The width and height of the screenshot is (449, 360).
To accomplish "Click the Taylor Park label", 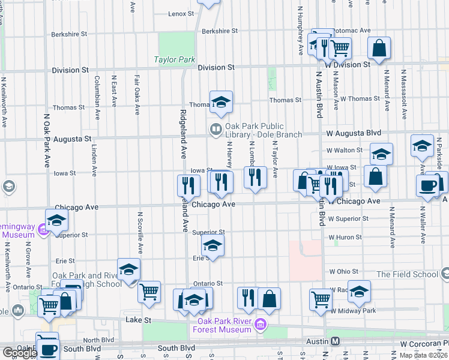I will [175, 60].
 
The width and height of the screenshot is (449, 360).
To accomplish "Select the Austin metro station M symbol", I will [335, 341].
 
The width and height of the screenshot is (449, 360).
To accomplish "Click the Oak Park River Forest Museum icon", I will [260, 326].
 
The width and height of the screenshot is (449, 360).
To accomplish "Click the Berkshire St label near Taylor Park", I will [220, 31].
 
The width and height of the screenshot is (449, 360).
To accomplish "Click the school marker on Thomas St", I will [221, 103].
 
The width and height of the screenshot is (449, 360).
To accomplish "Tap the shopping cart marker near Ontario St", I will [149, 292].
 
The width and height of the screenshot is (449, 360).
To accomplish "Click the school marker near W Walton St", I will [381, 155].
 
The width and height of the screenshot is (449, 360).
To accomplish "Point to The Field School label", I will [407, 274].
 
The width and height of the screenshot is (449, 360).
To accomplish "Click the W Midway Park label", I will [353, 311].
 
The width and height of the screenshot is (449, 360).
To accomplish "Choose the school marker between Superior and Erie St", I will [212, 245].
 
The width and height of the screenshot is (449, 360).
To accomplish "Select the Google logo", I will [19, 353].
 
